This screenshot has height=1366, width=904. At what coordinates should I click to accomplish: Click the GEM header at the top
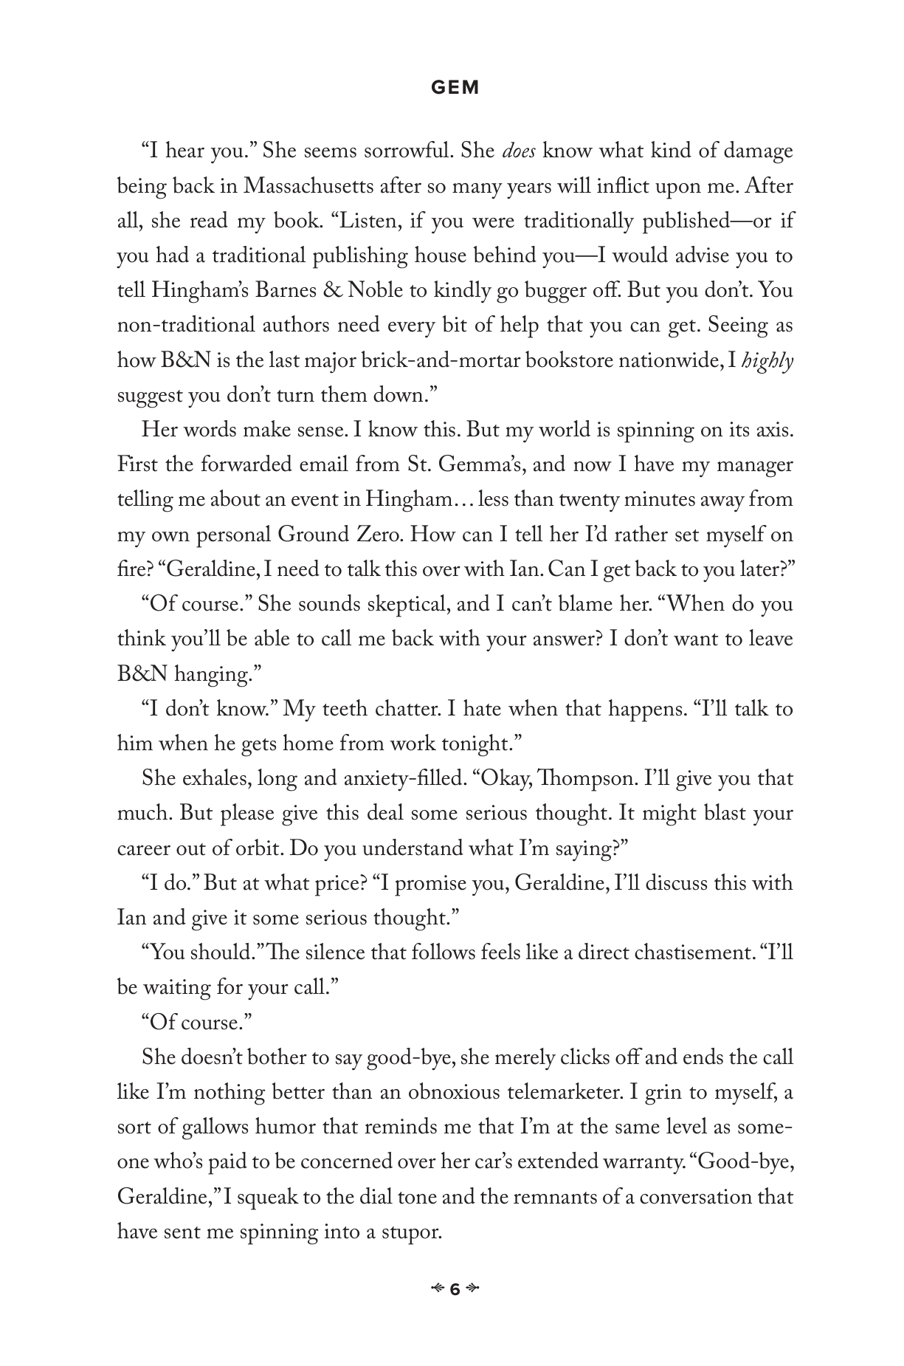[x=455, y=88]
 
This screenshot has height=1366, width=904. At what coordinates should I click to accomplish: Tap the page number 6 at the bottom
[x=455, y=1290]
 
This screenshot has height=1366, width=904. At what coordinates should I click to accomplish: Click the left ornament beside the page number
[x=437, y=1290]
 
